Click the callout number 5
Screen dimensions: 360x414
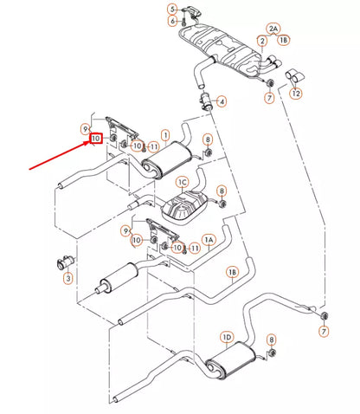pyautogui.click(x=172, y=10)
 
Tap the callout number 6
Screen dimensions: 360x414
pyautogui.click(x=172, y=21)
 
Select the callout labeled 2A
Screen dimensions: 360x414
pyautogui.click(x=273, y=29)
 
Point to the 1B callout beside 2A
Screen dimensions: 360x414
pyautogui.click(x=284, y=40)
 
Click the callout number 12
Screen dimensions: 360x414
pyautogui.click(x=296, y=94)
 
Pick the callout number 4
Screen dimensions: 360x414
pyautogui.click(x=222, y=101)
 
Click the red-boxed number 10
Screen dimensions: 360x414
pyautogui.click(x=95, y=139)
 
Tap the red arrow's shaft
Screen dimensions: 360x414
pyautogui.click(x=60, y=155)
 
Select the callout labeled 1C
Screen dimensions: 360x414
pyautogui.click(x=183, y=183)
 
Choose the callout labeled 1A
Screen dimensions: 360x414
pyautogui.click(x=209, y=240)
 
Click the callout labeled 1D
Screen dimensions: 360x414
pyautogui.click(x=227, y=337)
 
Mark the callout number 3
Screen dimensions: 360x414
pyautogui.click(x=68, y=278)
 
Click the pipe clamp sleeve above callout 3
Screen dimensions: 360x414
pyautogui.click(x=66, y=262)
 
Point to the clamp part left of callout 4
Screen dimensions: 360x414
pyautogui.click(x=206, y=100)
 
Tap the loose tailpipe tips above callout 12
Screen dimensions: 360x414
pyautogui.click(x=294, y=75)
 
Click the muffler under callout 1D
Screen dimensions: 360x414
pyautogui.click(x=231, y=359)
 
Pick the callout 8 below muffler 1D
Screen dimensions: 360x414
pyautogui.click(x=271, y=340)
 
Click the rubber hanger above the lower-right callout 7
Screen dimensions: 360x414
pyautogui.click(x=324, y=315)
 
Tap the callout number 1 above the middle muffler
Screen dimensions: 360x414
pyautogui.click(x=165, y=135)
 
